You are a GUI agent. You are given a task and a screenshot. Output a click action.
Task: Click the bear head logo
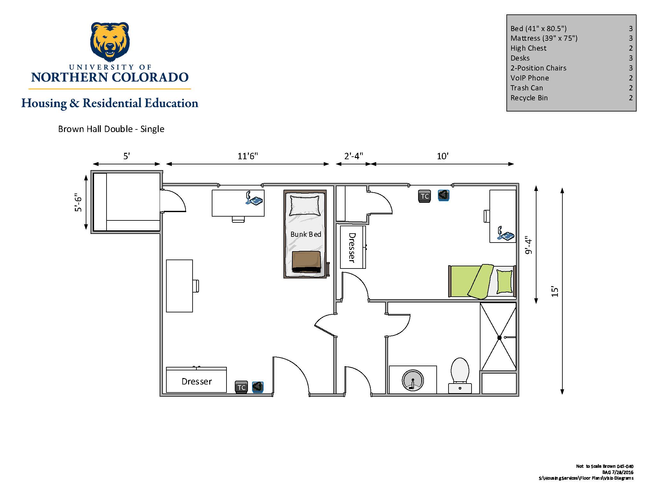110,42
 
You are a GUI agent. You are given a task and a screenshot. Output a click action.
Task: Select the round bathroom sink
413,381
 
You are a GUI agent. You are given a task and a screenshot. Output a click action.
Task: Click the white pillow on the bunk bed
305,205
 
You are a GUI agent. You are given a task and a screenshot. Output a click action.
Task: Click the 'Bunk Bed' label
306,234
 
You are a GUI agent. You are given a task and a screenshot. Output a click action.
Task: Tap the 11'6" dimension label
248,156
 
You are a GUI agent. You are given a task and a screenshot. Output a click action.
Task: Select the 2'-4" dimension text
353,156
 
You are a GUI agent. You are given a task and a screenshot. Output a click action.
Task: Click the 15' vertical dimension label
555,291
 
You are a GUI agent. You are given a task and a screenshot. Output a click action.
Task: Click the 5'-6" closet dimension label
78,202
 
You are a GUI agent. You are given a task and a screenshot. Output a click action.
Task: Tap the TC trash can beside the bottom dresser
242,387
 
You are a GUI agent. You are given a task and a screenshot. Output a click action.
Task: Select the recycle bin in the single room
443,195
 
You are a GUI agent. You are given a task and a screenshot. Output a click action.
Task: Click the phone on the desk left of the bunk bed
254,199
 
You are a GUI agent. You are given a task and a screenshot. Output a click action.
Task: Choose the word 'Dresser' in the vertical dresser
352,247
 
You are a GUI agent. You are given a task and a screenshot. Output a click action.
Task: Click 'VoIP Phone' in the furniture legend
529,78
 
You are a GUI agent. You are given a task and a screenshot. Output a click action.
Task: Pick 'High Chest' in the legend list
528,48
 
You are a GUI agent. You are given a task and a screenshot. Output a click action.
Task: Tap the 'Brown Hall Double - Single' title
111,129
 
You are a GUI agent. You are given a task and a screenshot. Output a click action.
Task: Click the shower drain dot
499,338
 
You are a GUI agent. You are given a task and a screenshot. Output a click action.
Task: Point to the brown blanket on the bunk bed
306,261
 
